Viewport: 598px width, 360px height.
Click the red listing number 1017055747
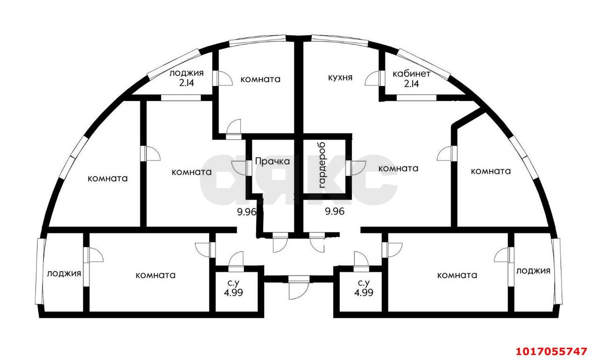pos(552,351)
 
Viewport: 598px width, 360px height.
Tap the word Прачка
pos(272,161)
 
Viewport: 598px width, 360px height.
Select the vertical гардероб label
pos(322,165)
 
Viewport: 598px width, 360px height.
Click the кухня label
pos(340,78)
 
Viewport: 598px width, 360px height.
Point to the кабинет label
pos(411,74)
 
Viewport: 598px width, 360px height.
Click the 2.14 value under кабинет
pos(412,84)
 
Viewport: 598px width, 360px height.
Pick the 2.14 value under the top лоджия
pos(186,83)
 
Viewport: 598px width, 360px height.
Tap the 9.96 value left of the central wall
pos(247,212)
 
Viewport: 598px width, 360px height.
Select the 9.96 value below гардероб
pos(335,211)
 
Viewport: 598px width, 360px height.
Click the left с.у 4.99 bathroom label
pos(234,288)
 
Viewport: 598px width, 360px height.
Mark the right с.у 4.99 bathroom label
pos(363,288)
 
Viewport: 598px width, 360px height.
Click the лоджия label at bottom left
pos(64,274)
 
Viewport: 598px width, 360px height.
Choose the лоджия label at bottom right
pos(533,271)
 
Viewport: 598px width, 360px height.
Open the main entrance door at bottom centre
pos(299,288)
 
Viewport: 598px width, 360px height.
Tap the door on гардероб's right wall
pos(356,168)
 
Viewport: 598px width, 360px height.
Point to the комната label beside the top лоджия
pos(260,79)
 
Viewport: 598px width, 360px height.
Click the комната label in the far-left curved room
pos(107,179)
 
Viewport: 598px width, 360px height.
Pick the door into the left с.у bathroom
pos(236,262)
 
